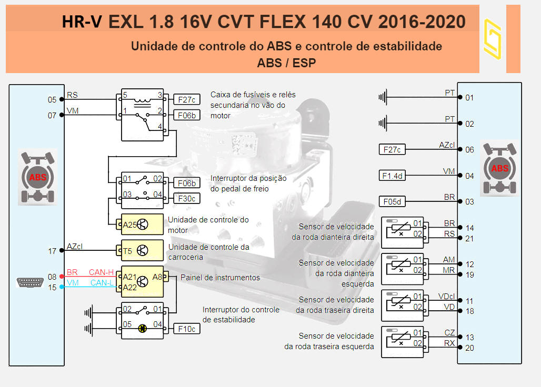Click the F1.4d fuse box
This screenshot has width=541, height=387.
(x=392, y=176)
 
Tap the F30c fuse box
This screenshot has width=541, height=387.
(x=187, y=198)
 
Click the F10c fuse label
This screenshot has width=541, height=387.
(x=187, y=329)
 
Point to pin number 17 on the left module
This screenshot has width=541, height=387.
(x=52, y=251)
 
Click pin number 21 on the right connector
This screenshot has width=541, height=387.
(x=470, y=238)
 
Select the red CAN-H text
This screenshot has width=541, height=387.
(x=101, y=272)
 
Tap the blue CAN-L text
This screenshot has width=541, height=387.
(x=101, y=283)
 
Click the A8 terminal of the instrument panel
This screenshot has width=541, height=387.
(x=157, y=277)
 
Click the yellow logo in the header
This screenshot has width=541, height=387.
(x=492, y=38)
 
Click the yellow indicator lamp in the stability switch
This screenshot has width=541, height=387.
(x=142, y=329)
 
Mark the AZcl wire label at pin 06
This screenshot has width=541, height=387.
(x=447, y=145)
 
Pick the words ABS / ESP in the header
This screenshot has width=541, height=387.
(x=286, y=63)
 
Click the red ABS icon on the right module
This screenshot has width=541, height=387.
(x=499, y=168)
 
